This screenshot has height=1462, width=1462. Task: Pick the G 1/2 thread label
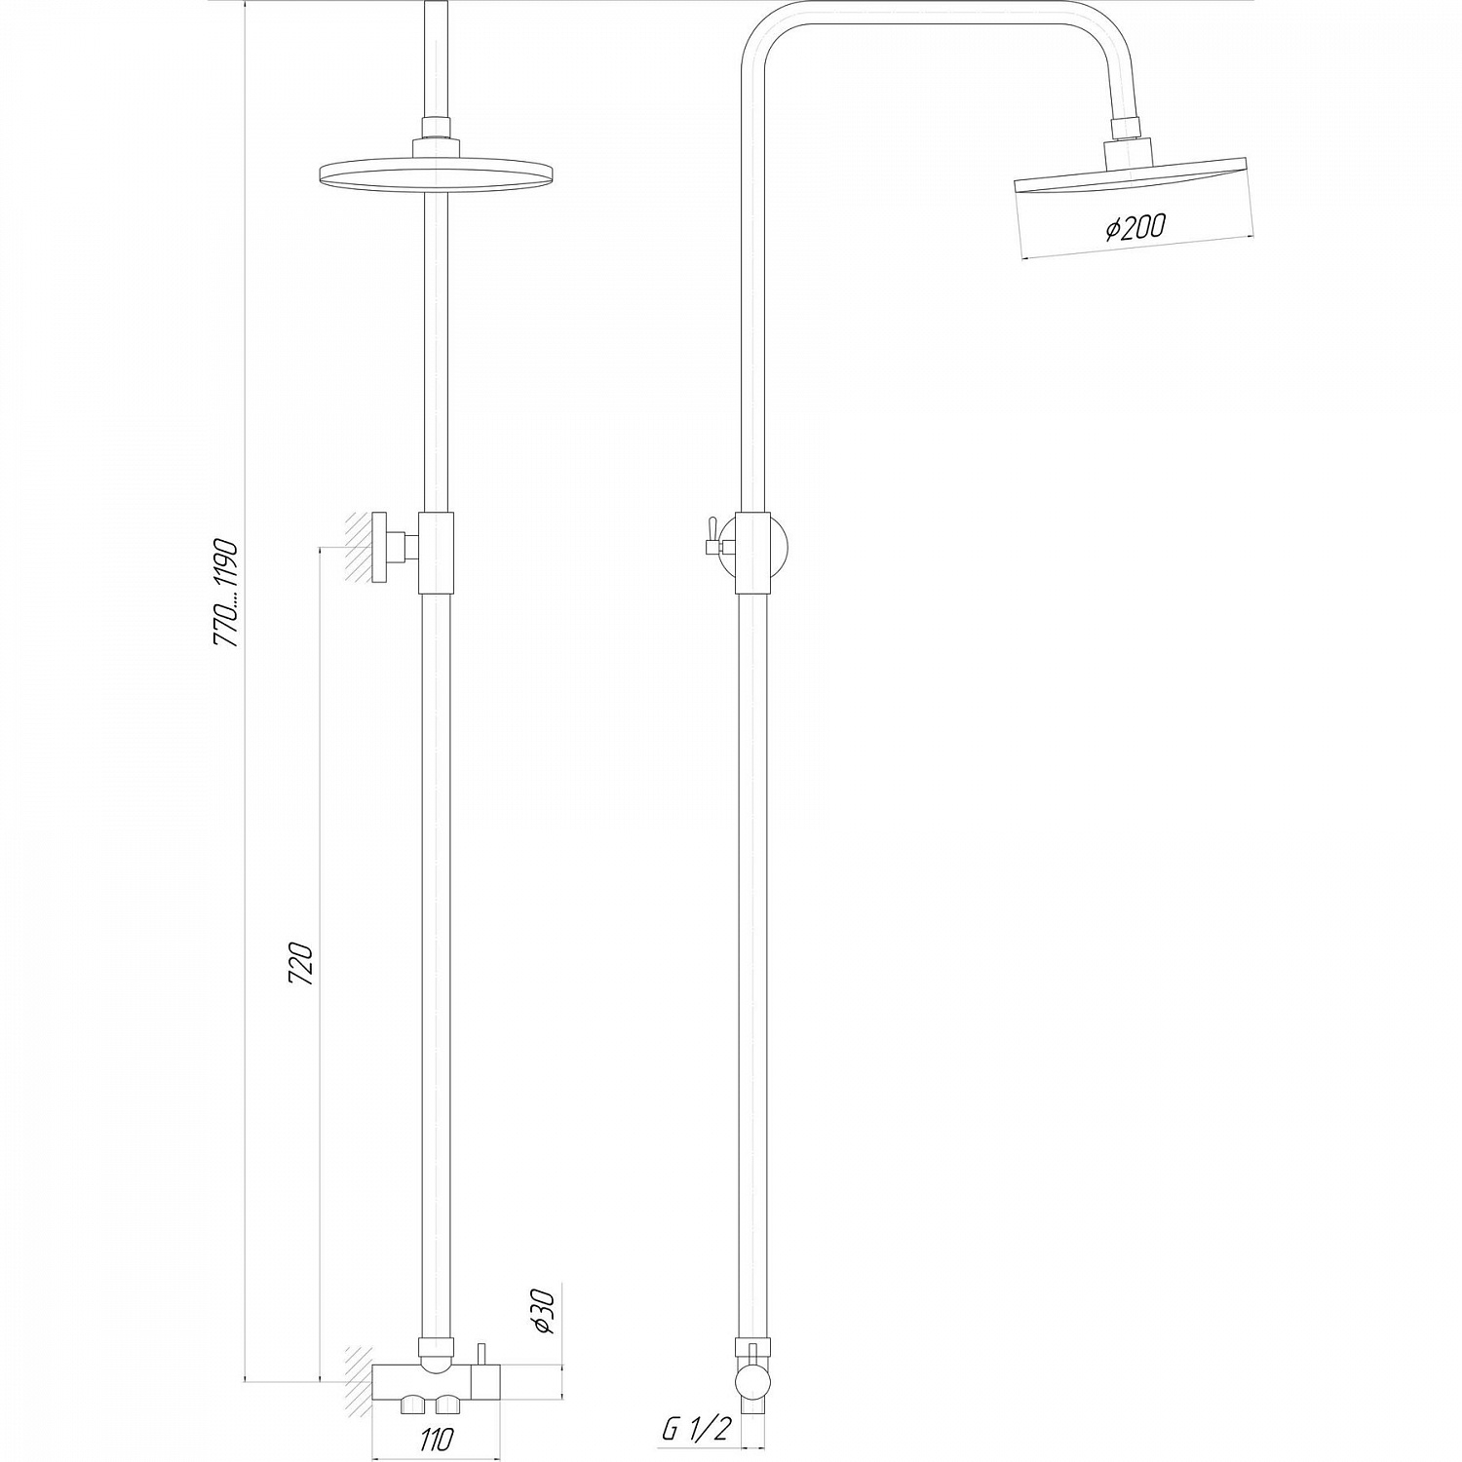696,1430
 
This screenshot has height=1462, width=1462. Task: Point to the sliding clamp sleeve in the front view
436,553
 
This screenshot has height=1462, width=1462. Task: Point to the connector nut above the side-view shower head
1127,129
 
